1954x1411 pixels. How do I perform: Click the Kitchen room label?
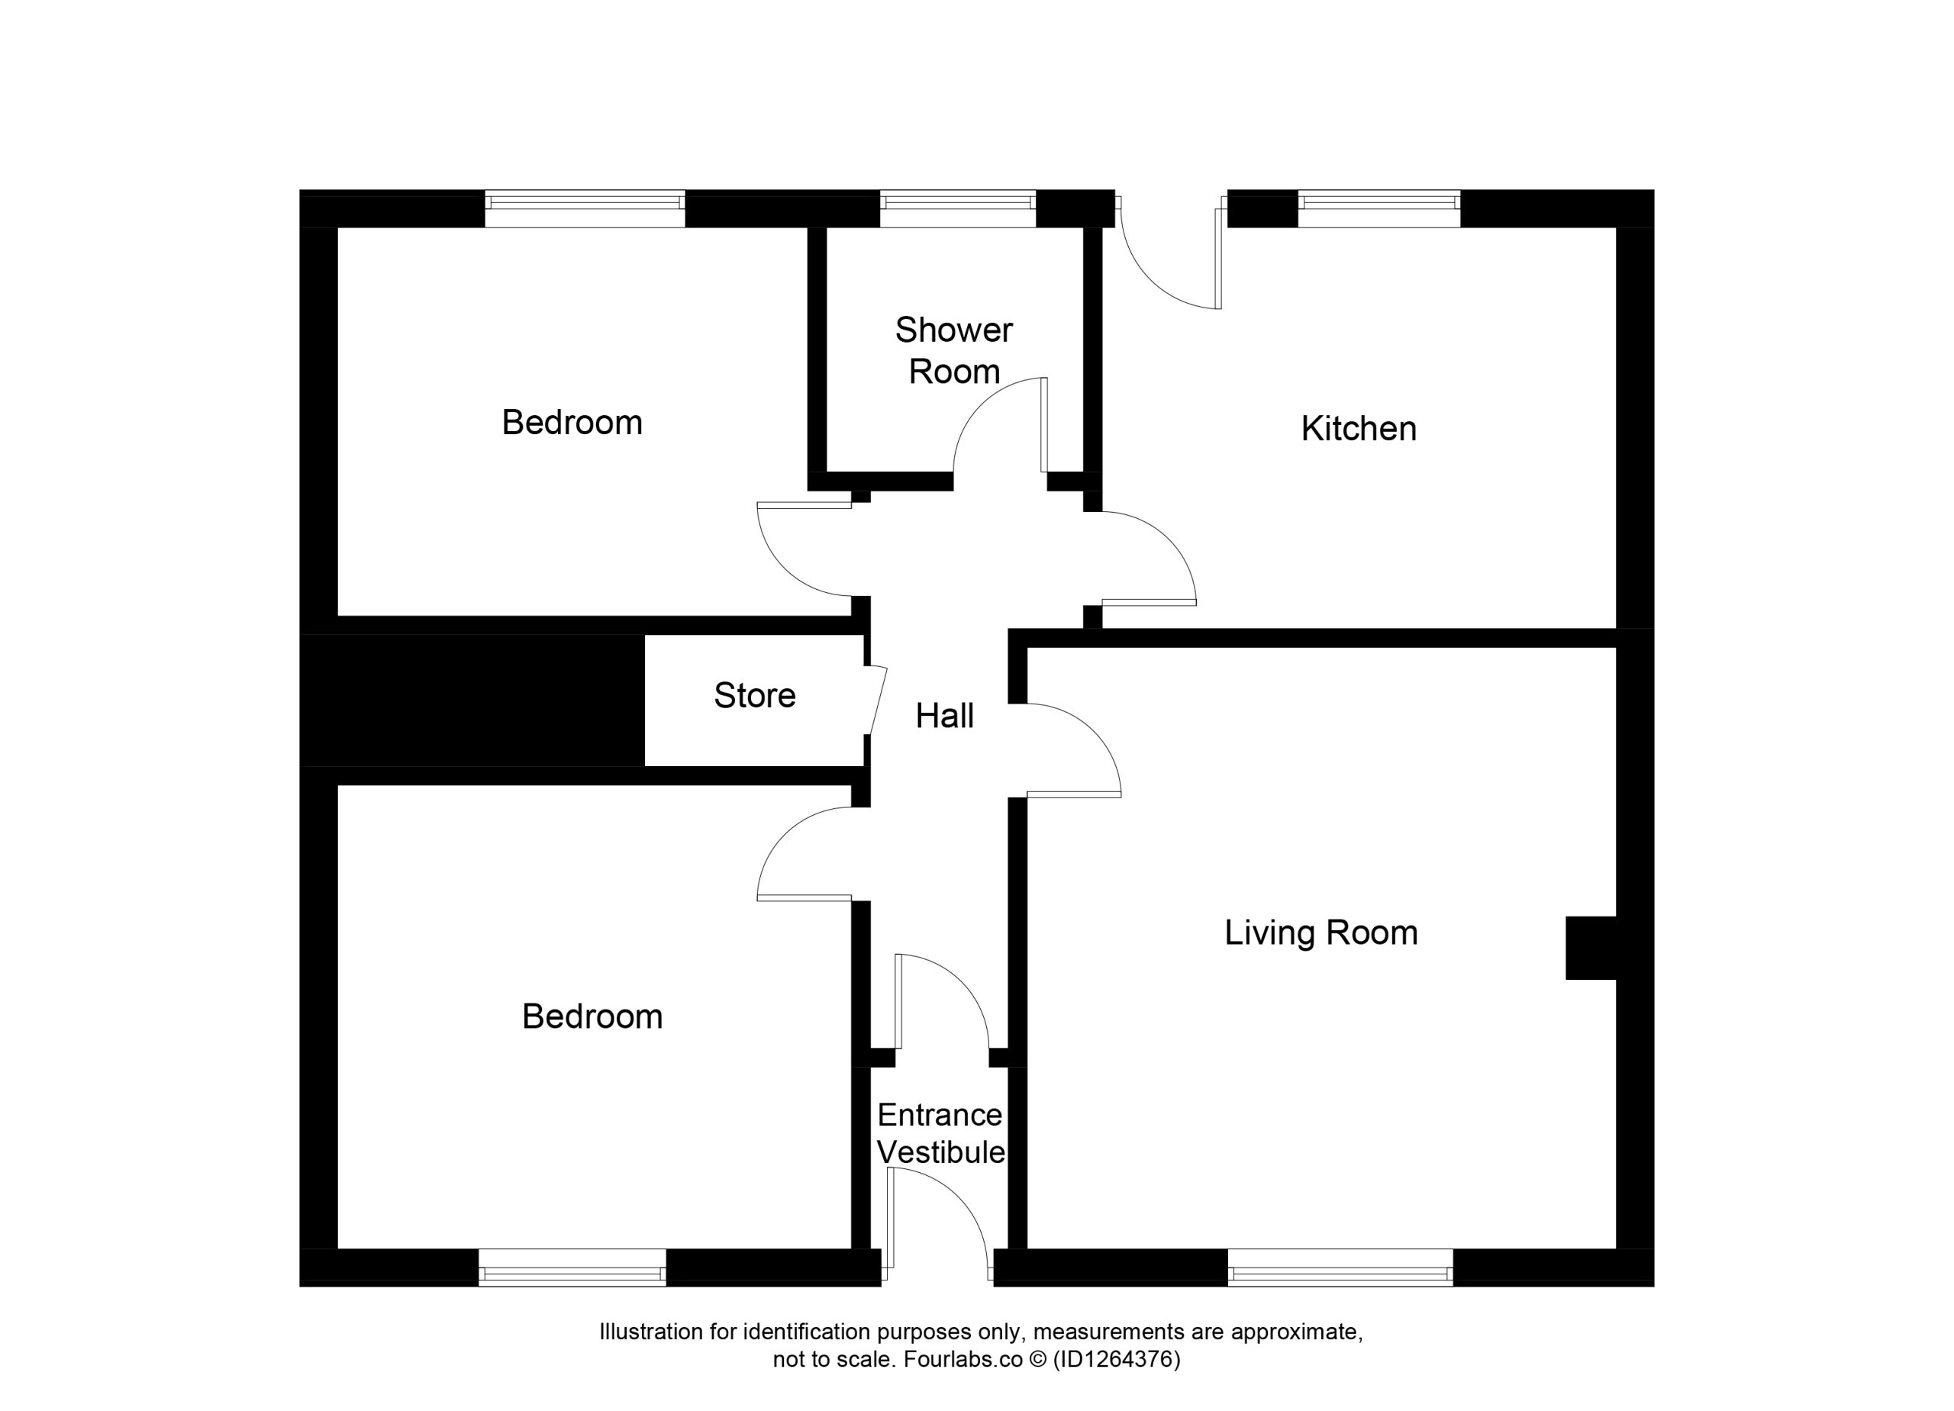point(1359,429)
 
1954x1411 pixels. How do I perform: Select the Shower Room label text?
point(954,350)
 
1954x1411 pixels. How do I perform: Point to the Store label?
point(755,695)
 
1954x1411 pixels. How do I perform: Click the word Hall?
point(944,716)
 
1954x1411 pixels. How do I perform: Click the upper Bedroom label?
point(572,423)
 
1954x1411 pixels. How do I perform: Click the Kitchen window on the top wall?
point(1378,208)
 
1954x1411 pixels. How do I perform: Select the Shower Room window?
point(957,208)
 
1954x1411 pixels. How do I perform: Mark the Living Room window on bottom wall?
point(1340,1267)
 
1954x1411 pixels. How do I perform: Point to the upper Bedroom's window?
point(585,208)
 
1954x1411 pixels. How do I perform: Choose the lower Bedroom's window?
point(572,1267)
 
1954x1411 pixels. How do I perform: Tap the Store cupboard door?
point(877,701)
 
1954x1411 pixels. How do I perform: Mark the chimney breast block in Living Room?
point(1591,949)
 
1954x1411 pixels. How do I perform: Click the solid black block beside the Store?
point(472,701)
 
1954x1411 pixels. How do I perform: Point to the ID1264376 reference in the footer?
point(1117,1359)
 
